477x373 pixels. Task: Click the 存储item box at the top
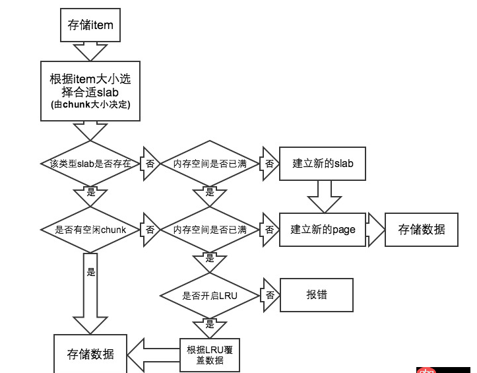pos(91,25)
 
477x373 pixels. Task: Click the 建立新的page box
pos(323,230)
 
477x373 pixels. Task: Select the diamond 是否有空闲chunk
pos(90,230)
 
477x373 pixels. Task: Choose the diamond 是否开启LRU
pos(209,295)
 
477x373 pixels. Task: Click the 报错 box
pos(316,294)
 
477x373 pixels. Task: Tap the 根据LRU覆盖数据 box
pos(209,355)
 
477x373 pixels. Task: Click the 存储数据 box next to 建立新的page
pos(422,229)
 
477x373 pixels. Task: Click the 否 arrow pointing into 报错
pos(269,295)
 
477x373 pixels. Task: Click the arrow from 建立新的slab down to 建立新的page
pos(323,196)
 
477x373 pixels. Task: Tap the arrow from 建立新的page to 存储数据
pos(375,229)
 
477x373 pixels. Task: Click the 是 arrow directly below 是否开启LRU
pos(209,325)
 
